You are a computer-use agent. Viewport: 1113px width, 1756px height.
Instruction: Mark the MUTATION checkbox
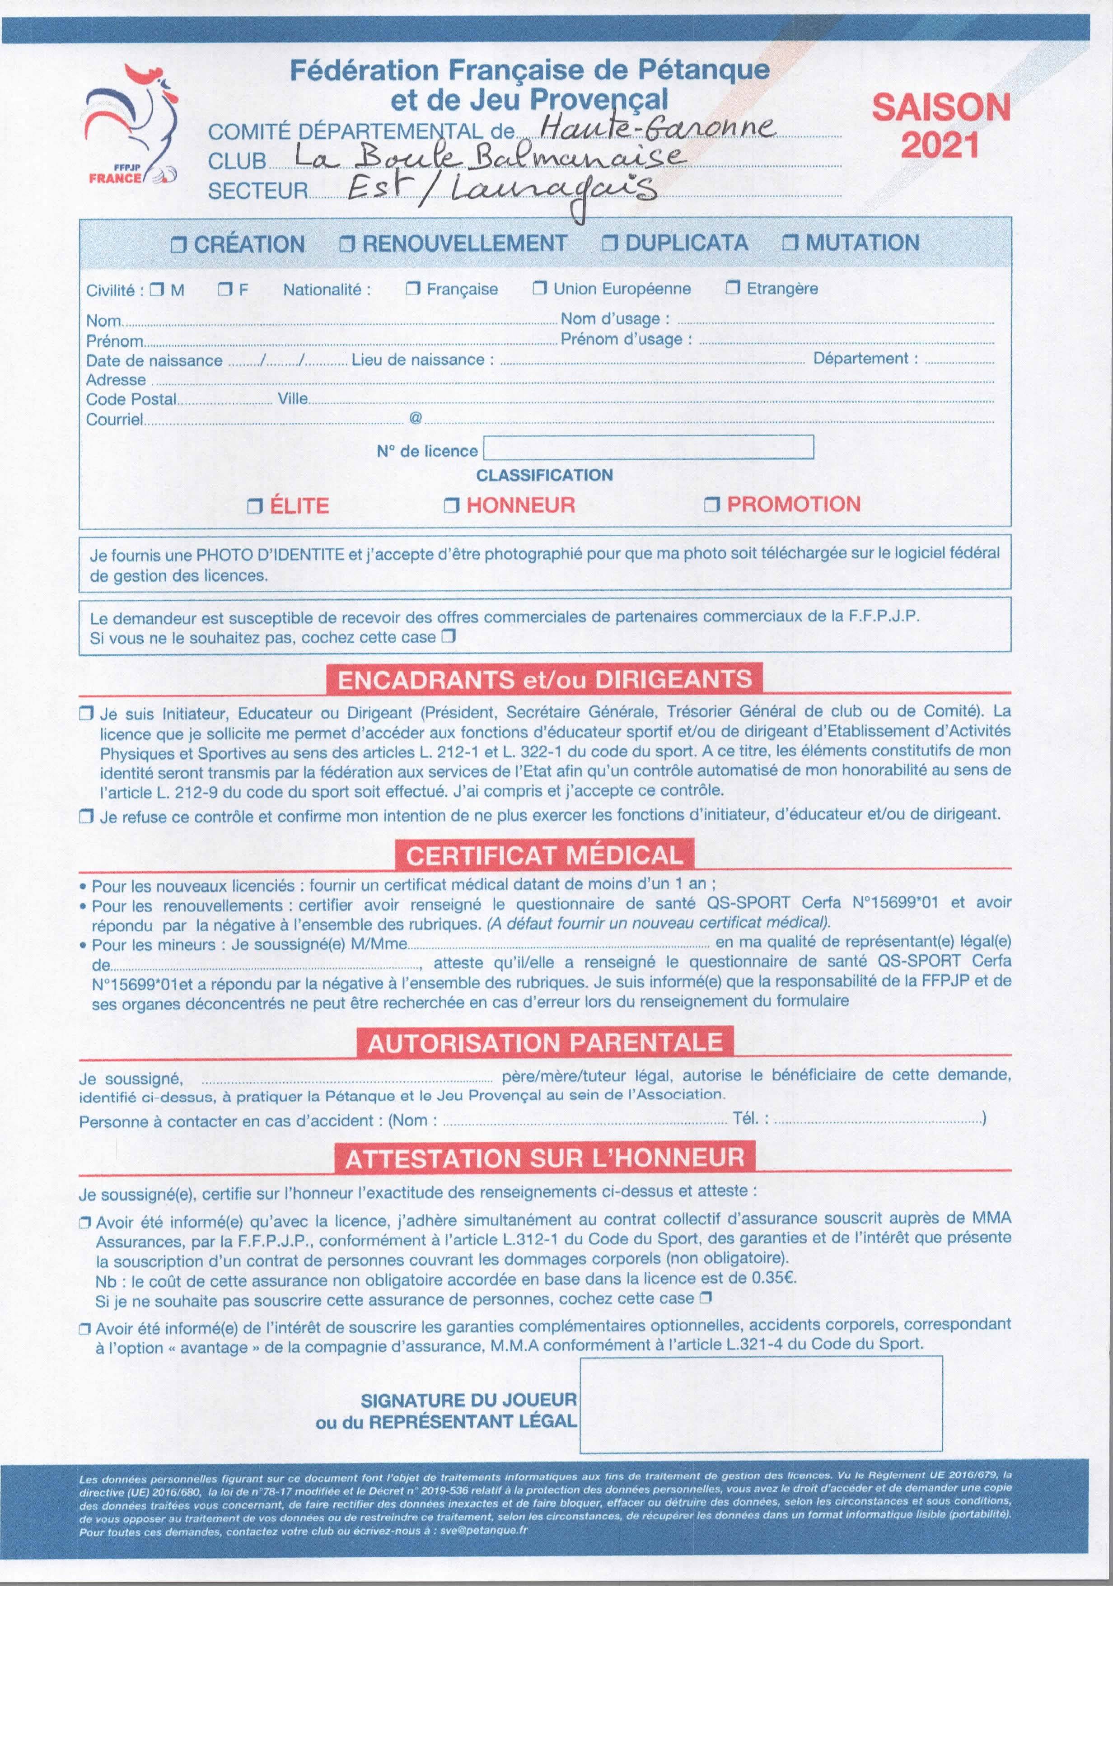tap(790, 243)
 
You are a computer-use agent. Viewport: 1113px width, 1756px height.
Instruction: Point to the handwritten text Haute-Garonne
tap(656, 128)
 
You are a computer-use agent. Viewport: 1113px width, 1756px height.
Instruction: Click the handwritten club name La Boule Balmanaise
tap(489, 157)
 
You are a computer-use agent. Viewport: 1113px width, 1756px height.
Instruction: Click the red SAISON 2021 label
tap(941, 126)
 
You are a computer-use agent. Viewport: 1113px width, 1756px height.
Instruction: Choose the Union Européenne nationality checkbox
tap(540, 289)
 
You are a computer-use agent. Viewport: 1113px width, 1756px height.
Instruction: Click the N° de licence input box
tap(648, 447)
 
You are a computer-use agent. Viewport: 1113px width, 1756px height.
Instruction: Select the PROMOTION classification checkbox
tap(711, 504)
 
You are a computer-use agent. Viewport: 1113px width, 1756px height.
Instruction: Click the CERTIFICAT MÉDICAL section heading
tap(544, 855)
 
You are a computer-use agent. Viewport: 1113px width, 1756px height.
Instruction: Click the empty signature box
tap(761, 1404)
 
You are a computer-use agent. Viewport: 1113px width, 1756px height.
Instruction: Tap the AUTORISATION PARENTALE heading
tap(544, 1043)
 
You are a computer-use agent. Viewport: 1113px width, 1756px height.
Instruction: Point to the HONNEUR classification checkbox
tap(451, 505)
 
